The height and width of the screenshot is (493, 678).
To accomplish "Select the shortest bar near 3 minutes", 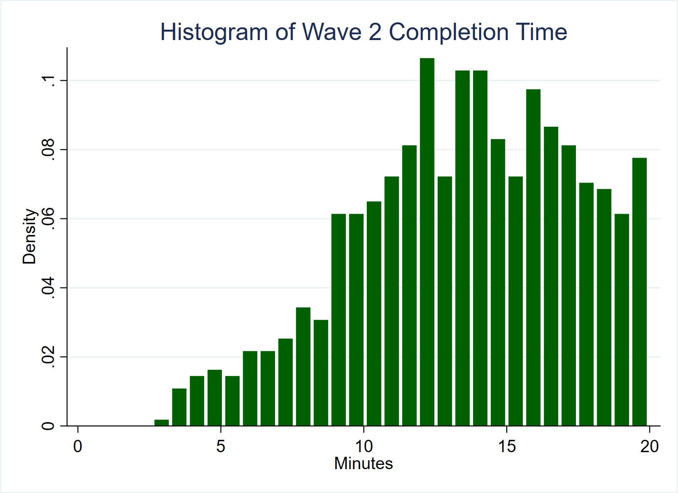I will tap(161, 423).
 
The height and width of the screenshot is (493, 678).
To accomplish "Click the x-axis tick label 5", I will tap(220, 446).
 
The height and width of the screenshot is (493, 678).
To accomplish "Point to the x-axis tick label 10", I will tap(364, 446).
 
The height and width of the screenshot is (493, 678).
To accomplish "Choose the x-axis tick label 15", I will tap(507, 446).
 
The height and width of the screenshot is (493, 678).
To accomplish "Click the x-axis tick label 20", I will tap(649, 446).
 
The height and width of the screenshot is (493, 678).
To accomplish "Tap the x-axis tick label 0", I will tap(78, 446).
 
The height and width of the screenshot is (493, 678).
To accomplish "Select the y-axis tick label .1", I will tap(48, 80).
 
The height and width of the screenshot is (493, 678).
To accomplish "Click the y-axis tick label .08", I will tap(48, 149).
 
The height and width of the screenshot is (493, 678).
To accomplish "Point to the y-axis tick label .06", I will tap(48, 218).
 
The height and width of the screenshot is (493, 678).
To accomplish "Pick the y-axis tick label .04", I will tap(48, 288).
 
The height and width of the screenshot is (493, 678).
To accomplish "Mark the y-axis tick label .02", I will tap(48, 357).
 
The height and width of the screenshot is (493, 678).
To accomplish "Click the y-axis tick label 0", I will tap(48, 426).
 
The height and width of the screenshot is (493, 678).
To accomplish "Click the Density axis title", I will tap(29, 236).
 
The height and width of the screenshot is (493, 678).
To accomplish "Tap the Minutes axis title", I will tap(363, 463).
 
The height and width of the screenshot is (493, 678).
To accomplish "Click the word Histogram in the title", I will tap(214, 32).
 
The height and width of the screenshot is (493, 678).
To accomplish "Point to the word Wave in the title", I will tap(332, 32).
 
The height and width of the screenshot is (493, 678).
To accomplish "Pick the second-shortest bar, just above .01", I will tap(179, 407).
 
